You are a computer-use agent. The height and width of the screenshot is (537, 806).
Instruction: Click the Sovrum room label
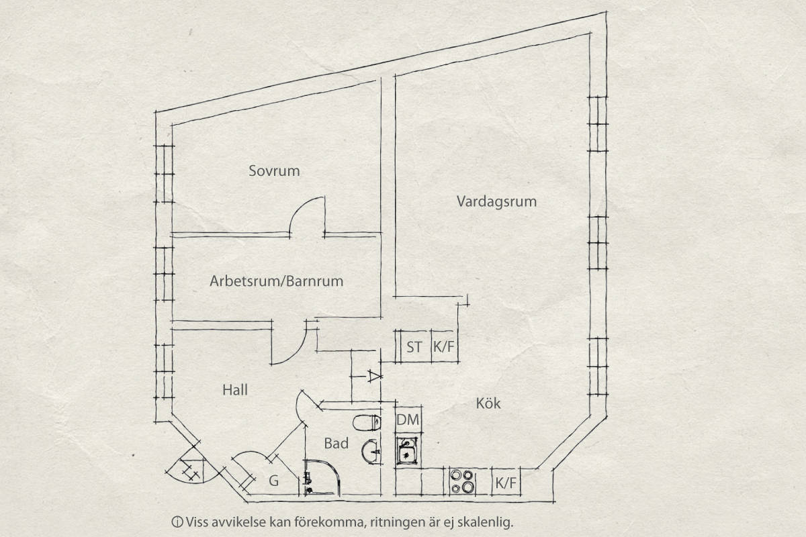[274, 171]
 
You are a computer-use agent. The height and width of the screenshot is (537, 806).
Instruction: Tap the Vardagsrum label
[496, 202]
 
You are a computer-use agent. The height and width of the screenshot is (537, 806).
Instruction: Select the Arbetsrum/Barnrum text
[276, 281]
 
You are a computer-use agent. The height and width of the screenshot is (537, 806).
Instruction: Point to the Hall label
[235, 390]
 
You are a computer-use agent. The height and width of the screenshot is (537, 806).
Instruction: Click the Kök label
[488, 403]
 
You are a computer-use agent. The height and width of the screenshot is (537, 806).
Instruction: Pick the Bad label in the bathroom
[336, 444]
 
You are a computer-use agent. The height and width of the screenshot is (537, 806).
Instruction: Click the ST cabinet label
[414, 347]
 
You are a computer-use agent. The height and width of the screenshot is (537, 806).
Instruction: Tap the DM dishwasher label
[408, 420]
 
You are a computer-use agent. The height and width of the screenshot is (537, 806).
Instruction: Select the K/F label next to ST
[444, 347]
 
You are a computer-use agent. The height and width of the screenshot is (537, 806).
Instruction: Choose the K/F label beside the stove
[506, 483]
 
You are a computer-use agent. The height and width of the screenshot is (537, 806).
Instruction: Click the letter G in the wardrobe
[274, 481]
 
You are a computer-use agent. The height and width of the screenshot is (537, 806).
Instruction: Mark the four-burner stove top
[463, 482]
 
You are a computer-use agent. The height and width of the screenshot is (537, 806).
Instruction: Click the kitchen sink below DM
[407, 451]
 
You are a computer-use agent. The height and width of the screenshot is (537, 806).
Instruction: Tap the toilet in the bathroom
[367, 423]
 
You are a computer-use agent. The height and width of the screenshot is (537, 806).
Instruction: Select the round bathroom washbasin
[371, 451]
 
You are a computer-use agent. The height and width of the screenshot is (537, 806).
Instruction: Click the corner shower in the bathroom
[321, 478]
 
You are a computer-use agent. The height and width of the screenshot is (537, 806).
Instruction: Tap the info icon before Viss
[177, 522]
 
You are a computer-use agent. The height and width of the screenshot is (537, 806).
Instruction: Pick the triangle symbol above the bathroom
[374, 376]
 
